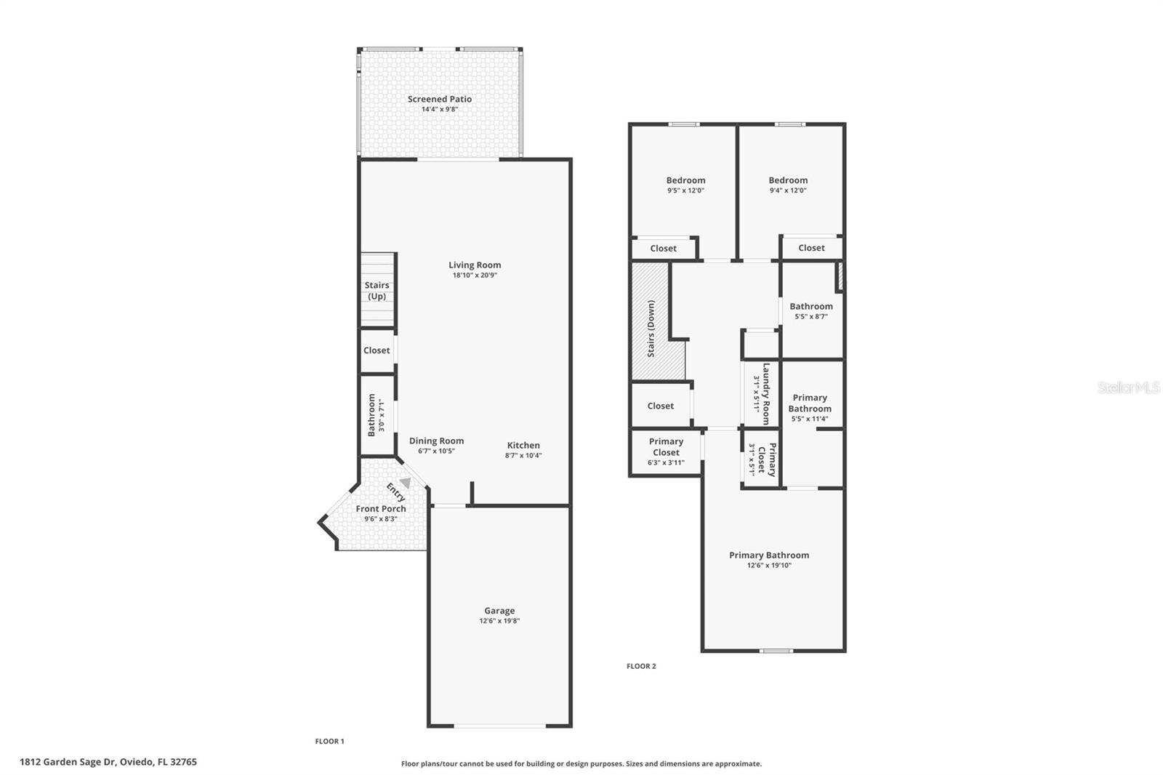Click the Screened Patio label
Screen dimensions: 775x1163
coord(439,100)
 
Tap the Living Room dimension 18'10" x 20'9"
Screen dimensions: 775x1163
coord(475,276)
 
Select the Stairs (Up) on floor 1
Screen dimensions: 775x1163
coord(377,290)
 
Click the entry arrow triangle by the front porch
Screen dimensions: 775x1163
coord(406,483)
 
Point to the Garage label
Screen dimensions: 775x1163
coord(499,611)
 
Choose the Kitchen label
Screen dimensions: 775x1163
coord(523,446)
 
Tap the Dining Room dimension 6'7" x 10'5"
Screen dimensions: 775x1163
coord(436,451)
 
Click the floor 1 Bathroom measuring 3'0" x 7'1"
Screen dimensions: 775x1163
coord(376,415)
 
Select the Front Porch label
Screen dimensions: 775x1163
coord(381,509)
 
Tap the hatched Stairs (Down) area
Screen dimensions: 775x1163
coord(651,327)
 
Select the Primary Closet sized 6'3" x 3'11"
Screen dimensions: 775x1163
coord(666,451)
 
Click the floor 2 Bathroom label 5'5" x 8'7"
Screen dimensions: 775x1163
coord(811,307)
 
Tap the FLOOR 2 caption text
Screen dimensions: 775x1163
coord(641,666)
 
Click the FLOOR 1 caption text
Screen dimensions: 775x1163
coord(329,742)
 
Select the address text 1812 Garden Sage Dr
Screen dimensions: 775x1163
coord(108,762)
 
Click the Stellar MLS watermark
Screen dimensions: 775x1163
coord(1128,387)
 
